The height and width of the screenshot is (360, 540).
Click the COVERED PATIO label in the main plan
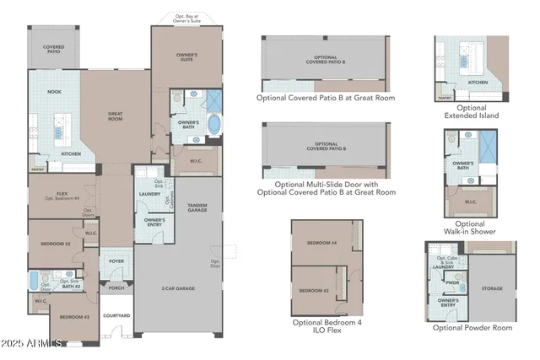(53, 50)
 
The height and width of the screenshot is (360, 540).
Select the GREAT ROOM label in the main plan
(116, 116)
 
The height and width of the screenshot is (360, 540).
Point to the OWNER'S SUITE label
(186, 58)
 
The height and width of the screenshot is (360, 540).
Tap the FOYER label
(116, 261)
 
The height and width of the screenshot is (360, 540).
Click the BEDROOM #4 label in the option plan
(321, 243)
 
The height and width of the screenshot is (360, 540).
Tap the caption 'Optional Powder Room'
(472, 327)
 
